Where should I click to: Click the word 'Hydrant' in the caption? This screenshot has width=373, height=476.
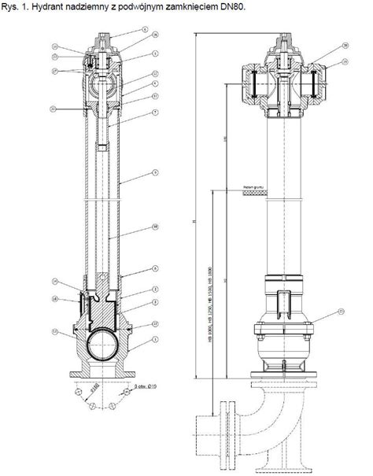point(53,6)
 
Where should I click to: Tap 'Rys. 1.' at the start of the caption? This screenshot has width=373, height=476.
point(17,6)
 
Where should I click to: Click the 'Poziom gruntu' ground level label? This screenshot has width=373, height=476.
point(256,186)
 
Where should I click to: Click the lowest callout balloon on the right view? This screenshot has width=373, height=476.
point(341,312)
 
